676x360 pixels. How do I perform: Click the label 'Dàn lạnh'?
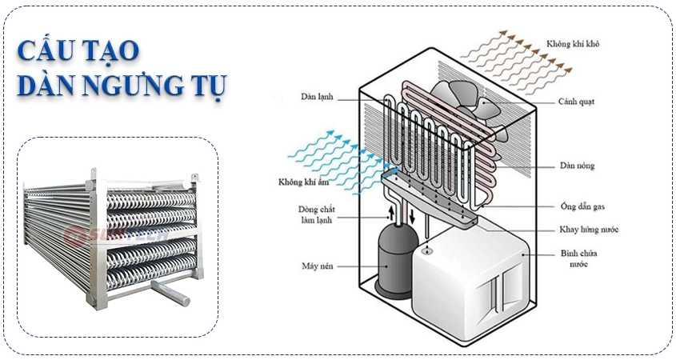(x=318, y=98)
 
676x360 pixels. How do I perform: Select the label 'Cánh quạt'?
(x=575, y=102)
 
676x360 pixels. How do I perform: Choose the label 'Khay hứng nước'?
(x=588, y=230)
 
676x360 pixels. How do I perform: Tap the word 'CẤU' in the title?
(x=41, y=50)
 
